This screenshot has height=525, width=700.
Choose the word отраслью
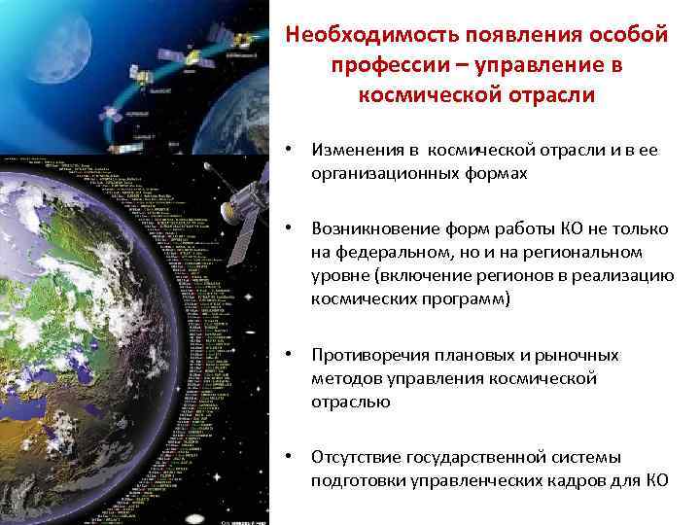click(x=350, y=402)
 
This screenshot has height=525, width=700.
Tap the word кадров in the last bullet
click(x=591, y=480)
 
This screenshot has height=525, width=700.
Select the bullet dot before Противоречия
click(x=289, y=355)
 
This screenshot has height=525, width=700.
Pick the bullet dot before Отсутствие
click(x=289, y=457)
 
